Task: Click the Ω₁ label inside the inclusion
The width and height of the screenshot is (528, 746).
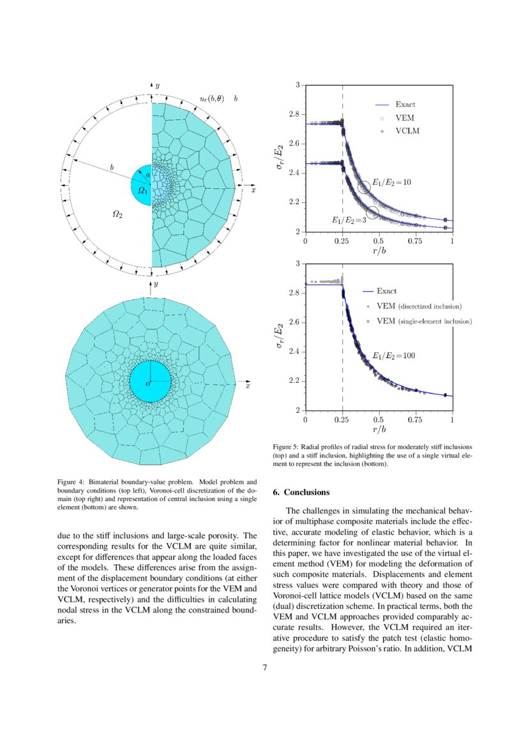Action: pos(143,190)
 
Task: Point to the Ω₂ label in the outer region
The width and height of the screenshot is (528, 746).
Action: pos(117,215)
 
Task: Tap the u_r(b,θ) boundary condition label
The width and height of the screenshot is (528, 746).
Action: pos(212,100)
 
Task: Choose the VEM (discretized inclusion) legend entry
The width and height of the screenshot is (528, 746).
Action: pos(419,306)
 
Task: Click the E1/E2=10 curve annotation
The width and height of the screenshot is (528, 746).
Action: pos(391,183)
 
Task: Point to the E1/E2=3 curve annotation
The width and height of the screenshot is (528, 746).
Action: pos(349,220)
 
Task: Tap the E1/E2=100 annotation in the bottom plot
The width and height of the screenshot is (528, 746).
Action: pos(393,355)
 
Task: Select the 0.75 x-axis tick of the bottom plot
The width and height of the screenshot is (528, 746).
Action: pos(415,421)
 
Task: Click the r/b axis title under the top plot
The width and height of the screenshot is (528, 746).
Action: pos(378,251)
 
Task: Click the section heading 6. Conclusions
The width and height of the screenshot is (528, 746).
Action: pos(301,492)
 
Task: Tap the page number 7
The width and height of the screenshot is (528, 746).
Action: pos(264,668)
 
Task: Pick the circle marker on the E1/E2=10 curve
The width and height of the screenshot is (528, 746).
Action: pos(364,188)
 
